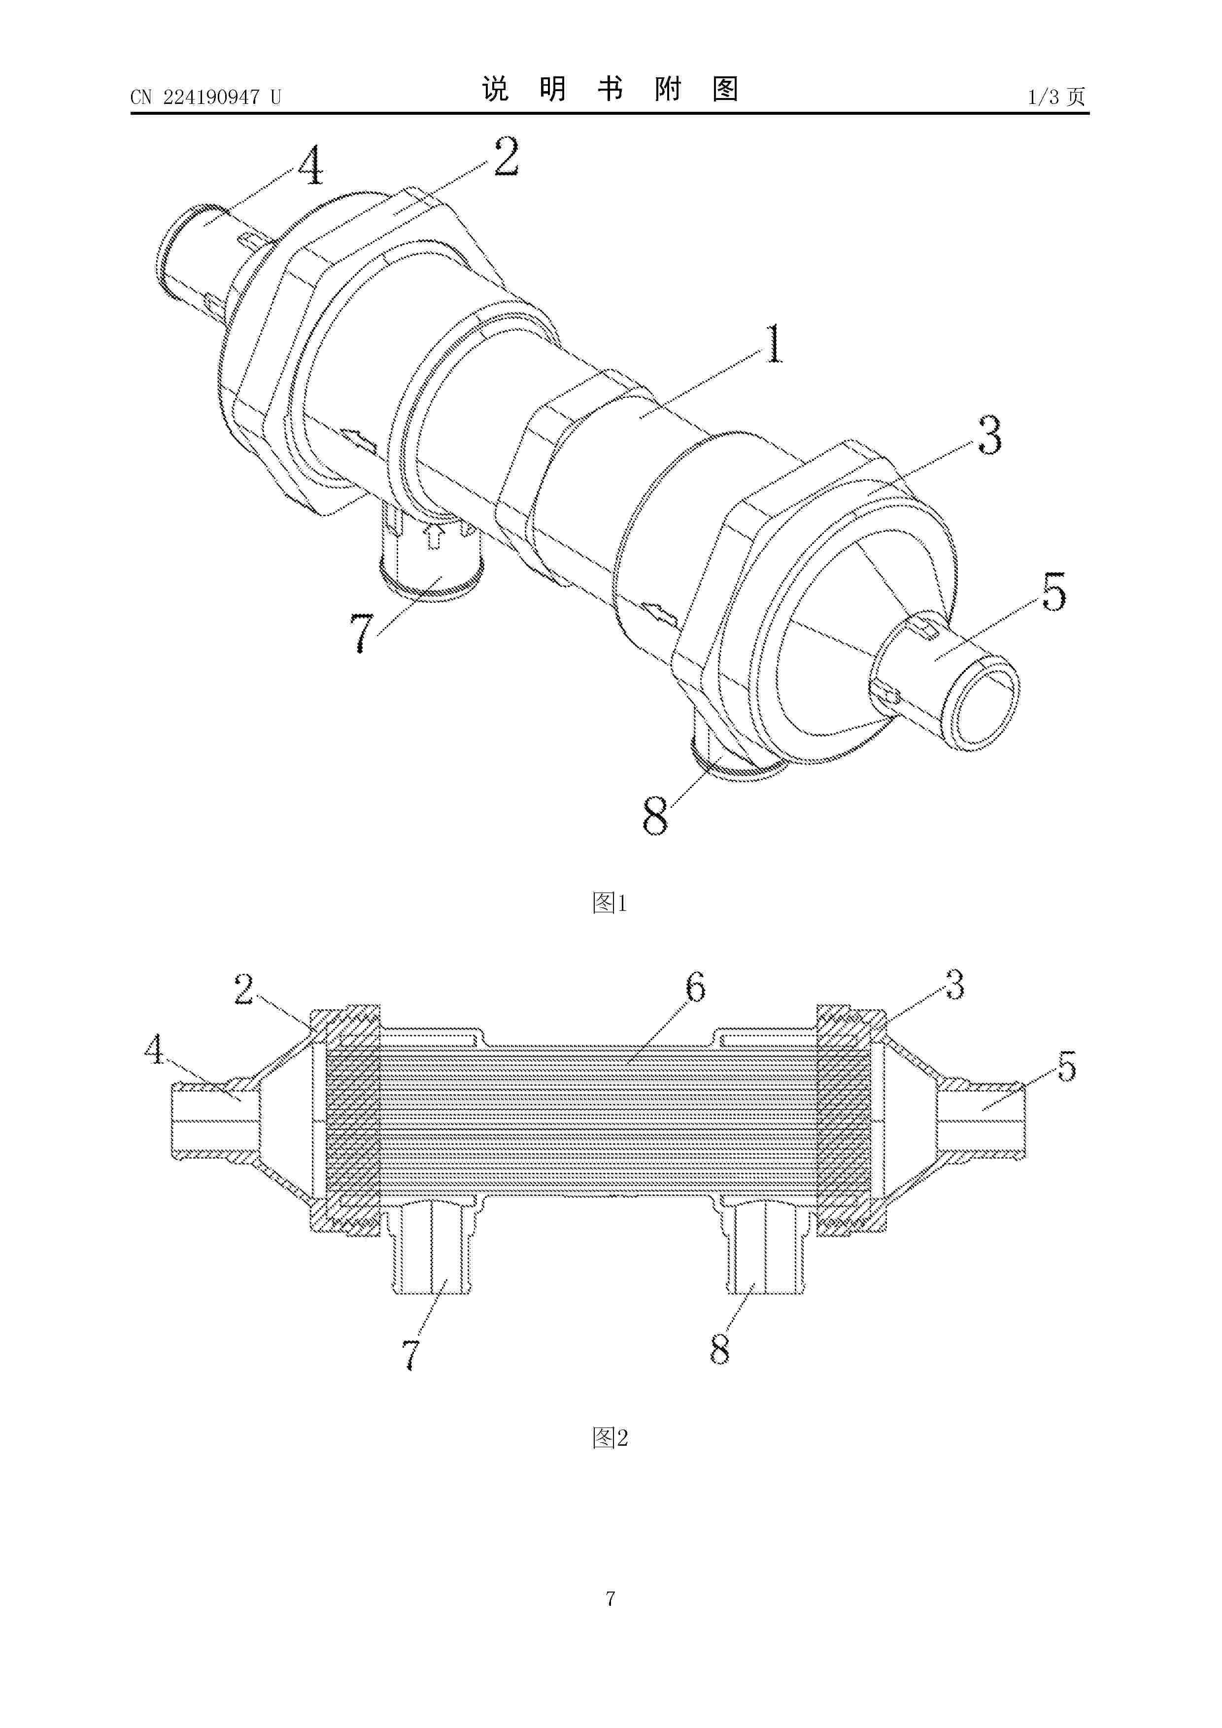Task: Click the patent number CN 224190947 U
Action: coord(205,97)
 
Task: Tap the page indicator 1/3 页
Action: coord(1056,97)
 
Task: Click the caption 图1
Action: coord(610,902)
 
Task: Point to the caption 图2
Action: coord(610,1437)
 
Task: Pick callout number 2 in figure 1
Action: coord(506,157)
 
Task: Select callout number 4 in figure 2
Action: coord(154,1049)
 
